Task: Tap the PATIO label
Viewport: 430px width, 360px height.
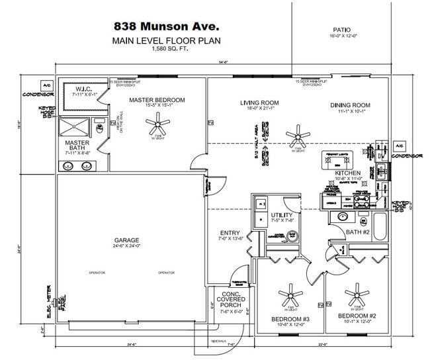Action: pyautogui.click(x=342, y=30)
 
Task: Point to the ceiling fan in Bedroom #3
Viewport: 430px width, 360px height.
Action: pyautogui.click(x=290, y=293)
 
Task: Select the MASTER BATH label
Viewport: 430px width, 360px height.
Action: pyautogui.click(x=77, y=146)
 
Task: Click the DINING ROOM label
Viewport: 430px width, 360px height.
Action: pyautogui.click(x=350, y=105)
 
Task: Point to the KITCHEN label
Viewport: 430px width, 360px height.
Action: pyautogui.click(x=347, y=173)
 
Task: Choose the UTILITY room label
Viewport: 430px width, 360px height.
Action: pyautogui.click(x=282, y=216)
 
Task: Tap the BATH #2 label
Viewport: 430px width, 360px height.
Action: pyautogui.click(x=358, y=231)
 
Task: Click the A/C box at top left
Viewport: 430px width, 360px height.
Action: pyautogui.click(x=47, y=86)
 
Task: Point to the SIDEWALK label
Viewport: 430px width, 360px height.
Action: pyautogui.click(x=219, y=341)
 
